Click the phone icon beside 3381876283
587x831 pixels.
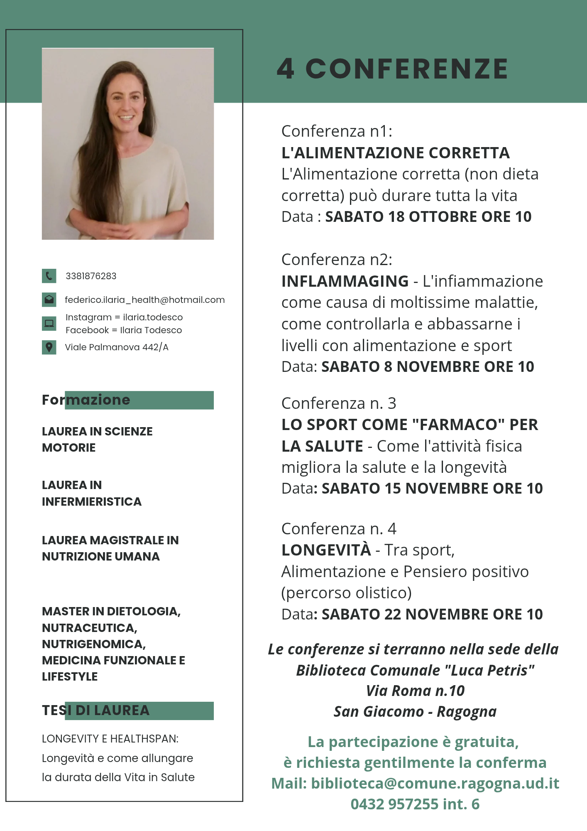point(49,276)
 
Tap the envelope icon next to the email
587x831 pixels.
point(49,300)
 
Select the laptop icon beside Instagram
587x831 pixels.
point(49,323)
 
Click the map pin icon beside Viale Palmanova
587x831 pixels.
point(49,347)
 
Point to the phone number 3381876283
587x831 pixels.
point(91,276)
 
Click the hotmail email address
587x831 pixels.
point(144,300)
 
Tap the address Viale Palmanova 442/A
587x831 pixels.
point(117,347)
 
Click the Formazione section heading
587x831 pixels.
point(86,400)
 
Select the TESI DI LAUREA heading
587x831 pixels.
point(95,711)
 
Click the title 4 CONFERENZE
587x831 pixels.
point(392,69)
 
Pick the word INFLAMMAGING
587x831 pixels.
point(345,281)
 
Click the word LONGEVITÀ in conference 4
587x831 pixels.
point(326,550)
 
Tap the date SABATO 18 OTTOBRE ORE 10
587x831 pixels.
point(428,217)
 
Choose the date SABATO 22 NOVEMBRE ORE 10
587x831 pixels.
point(432,614)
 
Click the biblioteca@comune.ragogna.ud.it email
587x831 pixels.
point(435,783)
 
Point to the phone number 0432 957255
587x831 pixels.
point(394,804)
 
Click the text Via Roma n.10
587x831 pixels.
point(415,691)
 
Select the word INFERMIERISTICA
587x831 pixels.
point(92,502)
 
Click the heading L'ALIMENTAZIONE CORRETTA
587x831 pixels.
point(395,153)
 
